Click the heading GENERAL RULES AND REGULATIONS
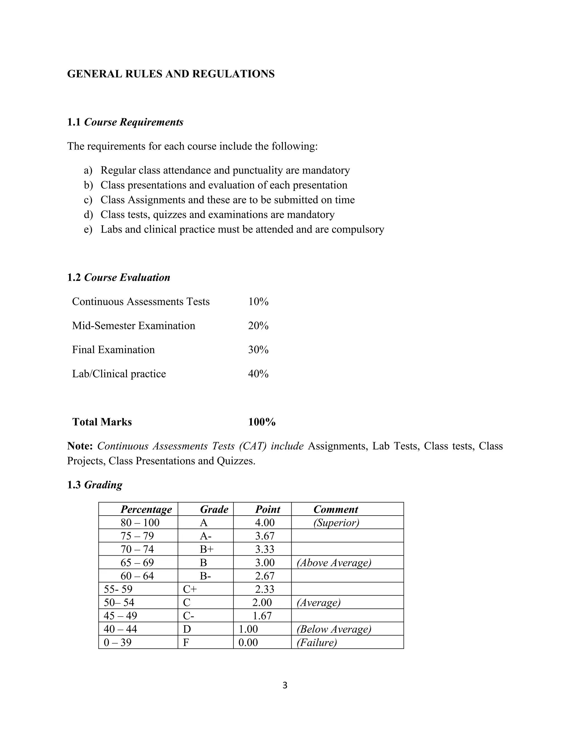171,74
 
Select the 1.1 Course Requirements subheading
125,122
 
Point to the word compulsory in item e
358,229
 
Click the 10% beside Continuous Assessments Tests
258,301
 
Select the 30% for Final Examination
258,350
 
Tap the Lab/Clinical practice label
119,374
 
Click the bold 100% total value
262,422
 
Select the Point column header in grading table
267,509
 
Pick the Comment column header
335,509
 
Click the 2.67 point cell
265,576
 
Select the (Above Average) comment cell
334,563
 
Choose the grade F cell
186,642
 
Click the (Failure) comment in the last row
316,642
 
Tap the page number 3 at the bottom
285,685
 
